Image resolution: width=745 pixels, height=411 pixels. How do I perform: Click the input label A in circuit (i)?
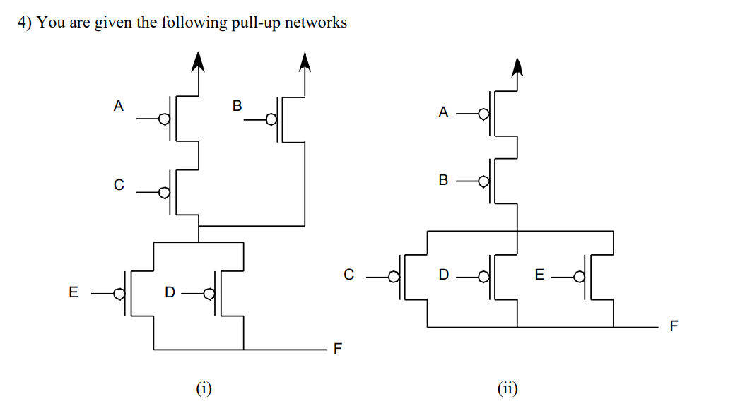[x=119, y=107]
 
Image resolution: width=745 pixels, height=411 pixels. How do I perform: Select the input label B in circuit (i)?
[x=237, y=107]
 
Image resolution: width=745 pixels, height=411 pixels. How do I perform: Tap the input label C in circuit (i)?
[x=119, y=186]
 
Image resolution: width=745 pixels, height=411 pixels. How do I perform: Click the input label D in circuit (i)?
[x=169, y=292]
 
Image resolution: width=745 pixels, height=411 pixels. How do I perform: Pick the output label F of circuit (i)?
[x=338, y=349]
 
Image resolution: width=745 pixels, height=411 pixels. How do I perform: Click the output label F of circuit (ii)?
[x=673, y=327]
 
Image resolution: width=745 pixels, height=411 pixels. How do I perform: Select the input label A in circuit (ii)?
[x=443, y=112]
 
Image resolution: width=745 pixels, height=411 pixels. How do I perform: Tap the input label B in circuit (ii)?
[x=443, y=180]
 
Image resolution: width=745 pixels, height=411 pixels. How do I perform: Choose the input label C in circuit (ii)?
[x=348, y=275]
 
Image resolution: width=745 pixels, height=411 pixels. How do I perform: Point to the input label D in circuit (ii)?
[x=443, y=275]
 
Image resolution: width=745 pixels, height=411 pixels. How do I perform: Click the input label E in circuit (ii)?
[x=539, y=275]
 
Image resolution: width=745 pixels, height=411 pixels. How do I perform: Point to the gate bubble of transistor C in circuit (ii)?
[x=396, y=277]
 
